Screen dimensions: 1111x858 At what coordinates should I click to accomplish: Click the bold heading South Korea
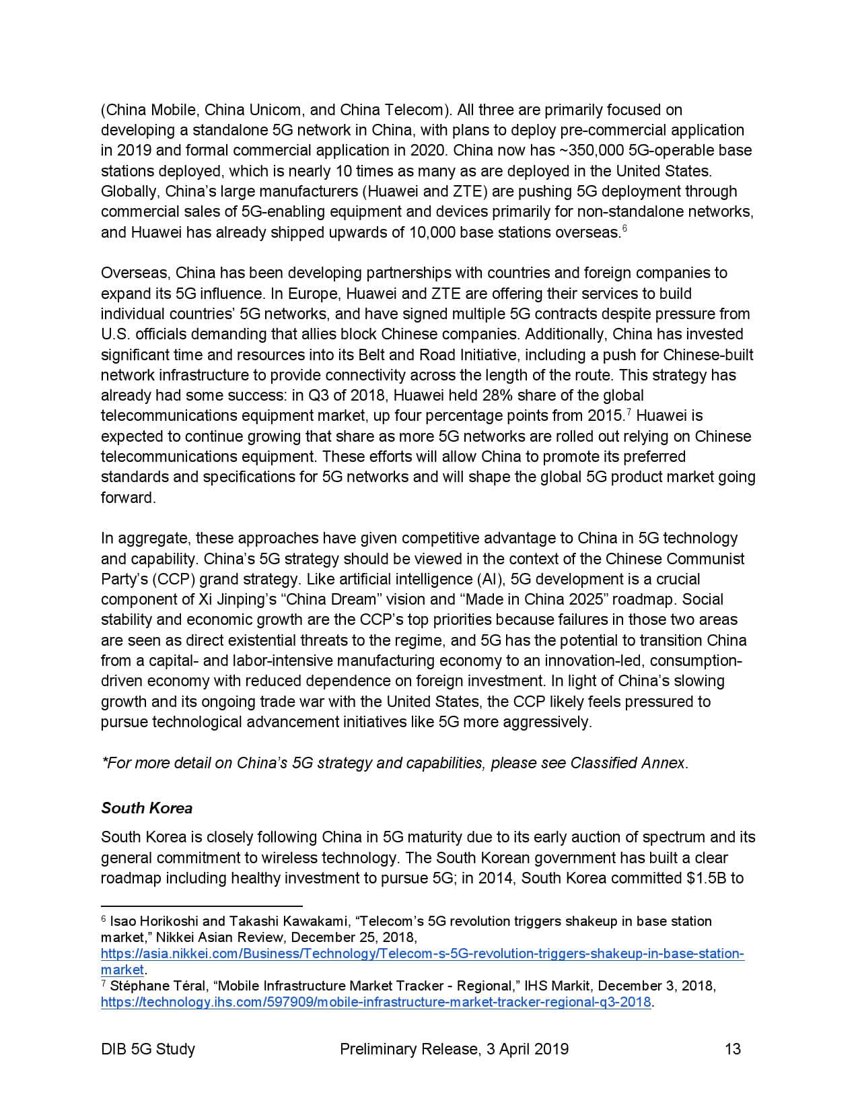tap(147, 808)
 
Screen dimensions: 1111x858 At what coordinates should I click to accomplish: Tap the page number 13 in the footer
tap(732, 1049)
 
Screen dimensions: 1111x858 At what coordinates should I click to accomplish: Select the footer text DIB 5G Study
tap(148, 1049)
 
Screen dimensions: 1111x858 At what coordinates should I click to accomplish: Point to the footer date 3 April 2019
tap(526, 1049)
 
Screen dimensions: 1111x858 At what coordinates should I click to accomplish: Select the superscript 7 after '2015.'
tap(629, 412)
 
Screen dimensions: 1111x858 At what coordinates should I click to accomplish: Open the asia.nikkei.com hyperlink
tap(422, 954)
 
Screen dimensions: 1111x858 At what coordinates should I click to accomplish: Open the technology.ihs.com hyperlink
tap(376, 1002)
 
